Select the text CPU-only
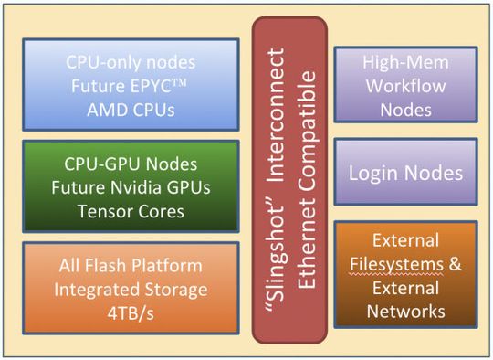pos(101,64)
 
